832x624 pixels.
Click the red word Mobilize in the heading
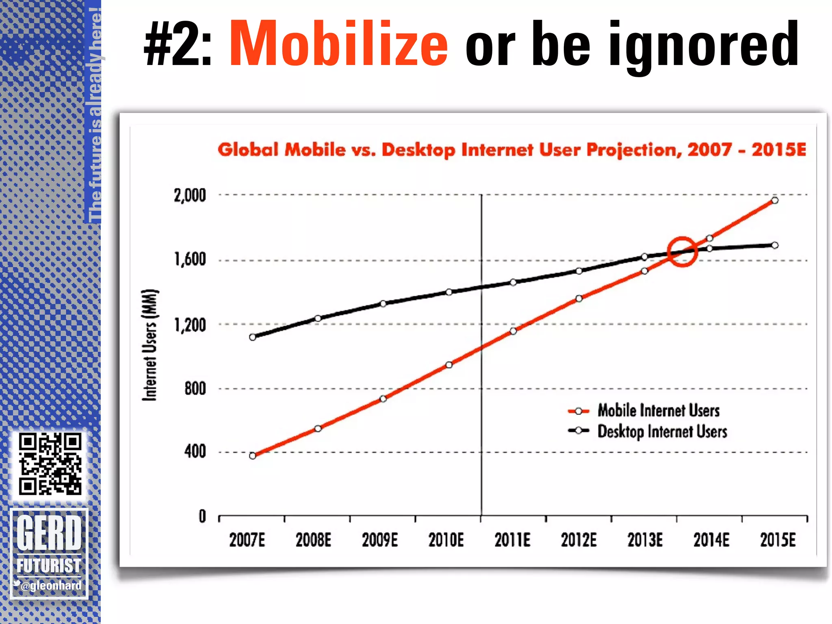click(x=338, y=43)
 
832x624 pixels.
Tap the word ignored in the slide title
click(x=704, y=45)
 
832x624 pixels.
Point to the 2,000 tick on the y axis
click(x=190, y=195)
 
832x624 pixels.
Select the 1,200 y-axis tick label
click(x=190, y=325)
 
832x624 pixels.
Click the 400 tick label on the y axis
click(x=195, y=451)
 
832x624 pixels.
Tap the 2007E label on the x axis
click(x=247, y=540)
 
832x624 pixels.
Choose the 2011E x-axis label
click(x=512, y=540)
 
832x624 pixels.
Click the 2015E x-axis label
click(x=778, y=540)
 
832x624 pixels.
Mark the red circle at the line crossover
click(x=682, y=252)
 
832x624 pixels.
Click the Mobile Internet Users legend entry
click(x=658, y=410)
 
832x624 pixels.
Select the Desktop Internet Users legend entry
click(x=662, y=431)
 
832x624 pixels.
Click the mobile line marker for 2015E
click(x=775, y=200)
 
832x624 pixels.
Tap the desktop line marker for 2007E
click(x=252, y=337)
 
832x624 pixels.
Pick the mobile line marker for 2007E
click(x=252, y=456)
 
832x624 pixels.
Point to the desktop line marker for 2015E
click(x=775, y=245)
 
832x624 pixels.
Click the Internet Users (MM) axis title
click(x=149, y=345)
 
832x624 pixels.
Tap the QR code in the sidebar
click(x=50, y=464)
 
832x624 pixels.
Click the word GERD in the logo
click(x=49, y=532)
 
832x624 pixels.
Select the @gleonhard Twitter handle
click(x=51, y=585)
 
